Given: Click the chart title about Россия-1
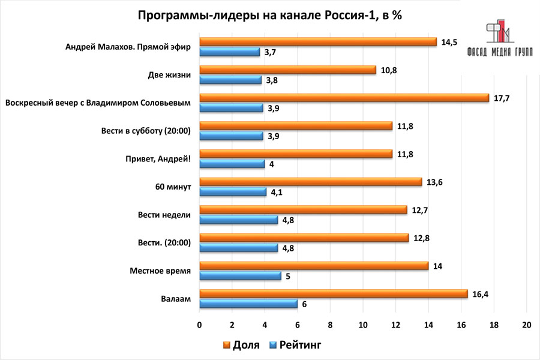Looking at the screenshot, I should [270, 16].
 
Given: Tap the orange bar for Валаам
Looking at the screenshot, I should [333, 293].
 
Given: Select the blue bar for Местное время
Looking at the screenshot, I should [240, 276].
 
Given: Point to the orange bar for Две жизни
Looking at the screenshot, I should [287, 70].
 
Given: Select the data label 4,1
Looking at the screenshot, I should [277, 193].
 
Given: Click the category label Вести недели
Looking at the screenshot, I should [164, 215].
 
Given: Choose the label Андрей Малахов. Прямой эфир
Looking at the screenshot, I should [128, 47].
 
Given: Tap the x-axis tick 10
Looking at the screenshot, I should [363, 325].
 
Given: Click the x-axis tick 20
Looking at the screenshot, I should [526, 325].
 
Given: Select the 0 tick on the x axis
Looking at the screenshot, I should [200, 325].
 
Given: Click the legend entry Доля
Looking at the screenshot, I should [241, 345].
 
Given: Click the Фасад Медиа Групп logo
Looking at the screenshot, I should [500, 38].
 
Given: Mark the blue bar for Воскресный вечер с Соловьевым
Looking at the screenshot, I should [232, 108].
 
